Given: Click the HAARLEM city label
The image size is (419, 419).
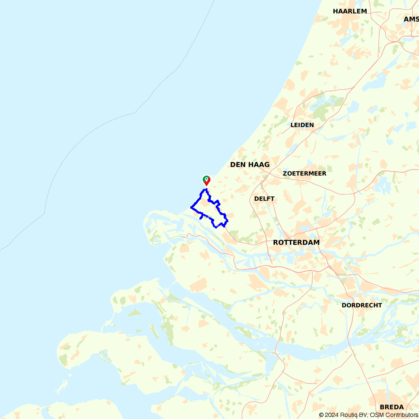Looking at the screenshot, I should [x=350, y=11].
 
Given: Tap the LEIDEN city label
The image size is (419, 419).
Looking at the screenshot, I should [x=302, y=125].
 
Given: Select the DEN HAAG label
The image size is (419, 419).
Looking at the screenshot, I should [x=250, y=165].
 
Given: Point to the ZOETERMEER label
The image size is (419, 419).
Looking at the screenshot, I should [x=304, y=173].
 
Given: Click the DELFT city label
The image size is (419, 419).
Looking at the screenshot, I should [x=264, y=199].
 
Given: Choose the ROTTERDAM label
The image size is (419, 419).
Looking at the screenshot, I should [x=296, y=243].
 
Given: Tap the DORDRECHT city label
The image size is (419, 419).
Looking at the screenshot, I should [x=362, y=305].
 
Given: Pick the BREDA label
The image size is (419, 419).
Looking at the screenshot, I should [x=392, y=407].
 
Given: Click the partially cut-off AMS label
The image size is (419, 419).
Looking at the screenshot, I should [x=411, y=19].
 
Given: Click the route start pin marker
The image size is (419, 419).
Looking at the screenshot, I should [x=206, y=180].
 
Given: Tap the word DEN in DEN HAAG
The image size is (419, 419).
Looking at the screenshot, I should [x=238, y=165].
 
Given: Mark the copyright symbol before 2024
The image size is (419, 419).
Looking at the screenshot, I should [x=322, y=415].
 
